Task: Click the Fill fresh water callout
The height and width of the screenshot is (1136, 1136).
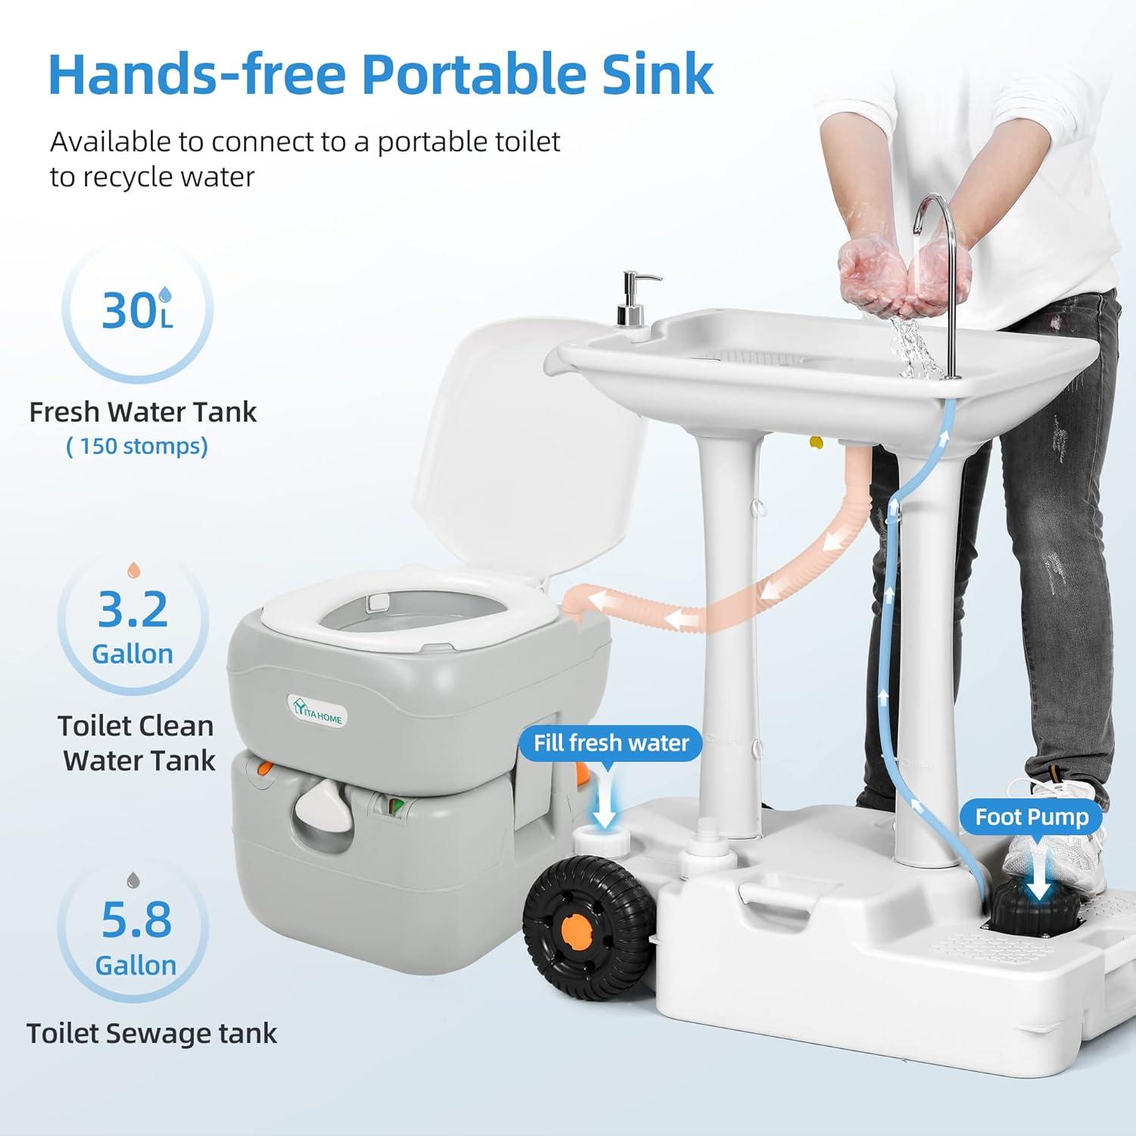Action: point(611,743)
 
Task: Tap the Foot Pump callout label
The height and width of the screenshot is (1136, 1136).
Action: point(1031,816)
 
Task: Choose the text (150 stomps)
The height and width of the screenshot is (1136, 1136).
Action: point(137,446)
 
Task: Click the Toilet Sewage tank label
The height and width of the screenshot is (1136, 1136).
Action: point(151,1033)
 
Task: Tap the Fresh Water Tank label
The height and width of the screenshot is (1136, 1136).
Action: point(143,412)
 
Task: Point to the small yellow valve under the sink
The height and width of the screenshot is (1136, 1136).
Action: point(816,442)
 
